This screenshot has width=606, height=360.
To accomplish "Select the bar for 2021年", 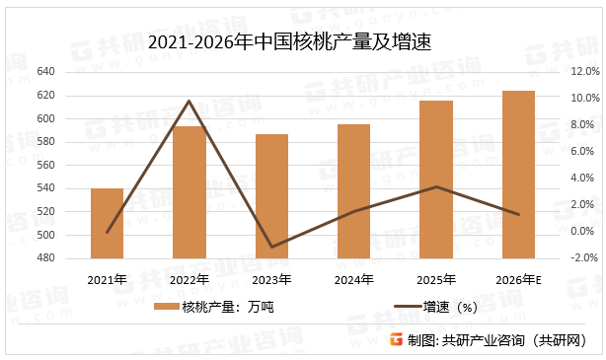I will click(x=107, y=224).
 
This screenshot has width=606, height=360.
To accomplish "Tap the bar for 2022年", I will click(x=189, y=193).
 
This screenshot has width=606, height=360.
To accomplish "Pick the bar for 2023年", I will click(x=271, y=197).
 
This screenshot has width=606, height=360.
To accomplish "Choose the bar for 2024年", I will click(x=353, y=192).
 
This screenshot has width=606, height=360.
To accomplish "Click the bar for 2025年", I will click(x=436, y=180).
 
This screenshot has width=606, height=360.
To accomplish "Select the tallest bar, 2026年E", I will click(x=518, y=176).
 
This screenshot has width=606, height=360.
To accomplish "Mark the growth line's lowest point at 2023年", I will click(x=271, y=247).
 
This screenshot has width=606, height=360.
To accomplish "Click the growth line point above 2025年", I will click(x=436, y=186).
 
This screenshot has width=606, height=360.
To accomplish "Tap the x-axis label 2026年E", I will click(x=518, y=280).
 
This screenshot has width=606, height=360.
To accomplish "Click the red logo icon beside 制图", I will click(x=396, y=340).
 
